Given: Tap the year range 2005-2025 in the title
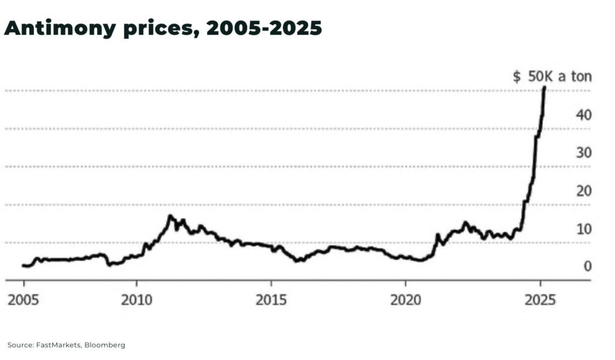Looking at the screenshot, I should (x=265, y=28).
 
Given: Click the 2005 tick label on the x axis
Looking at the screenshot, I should (x=24, y=300).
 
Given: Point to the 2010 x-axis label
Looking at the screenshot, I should (x=136, y=300).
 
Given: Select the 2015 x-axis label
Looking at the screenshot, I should (x=271, y=300).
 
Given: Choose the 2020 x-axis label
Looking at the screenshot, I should (x=405, y=300).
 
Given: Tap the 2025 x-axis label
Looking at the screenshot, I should (x=540, y=300).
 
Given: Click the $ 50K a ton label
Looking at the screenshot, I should (x=552, y=76).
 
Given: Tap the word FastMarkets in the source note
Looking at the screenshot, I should (x=59, y=345).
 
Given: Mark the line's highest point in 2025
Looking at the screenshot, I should (x=544, y=87).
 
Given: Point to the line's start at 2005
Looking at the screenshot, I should (x=23, y=265).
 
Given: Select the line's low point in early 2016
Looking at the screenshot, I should (x=296, y=261).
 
